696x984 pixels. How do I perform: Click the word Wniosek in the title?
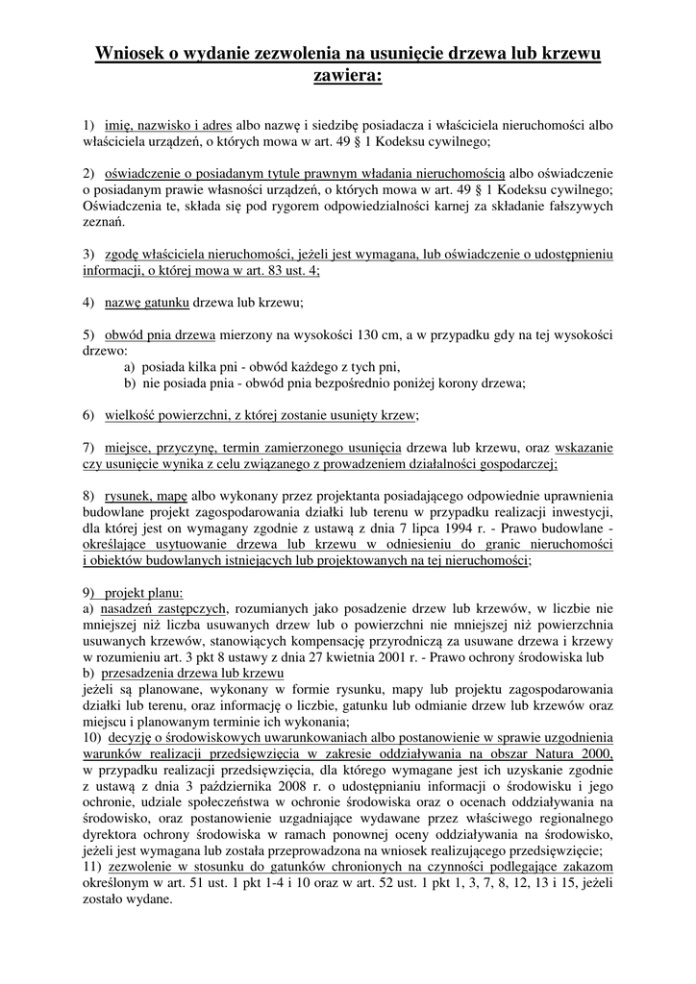131,56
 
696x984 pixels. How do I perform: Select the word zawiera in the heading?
347,76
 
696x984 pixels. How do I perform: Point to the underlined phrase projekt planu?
142,592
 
